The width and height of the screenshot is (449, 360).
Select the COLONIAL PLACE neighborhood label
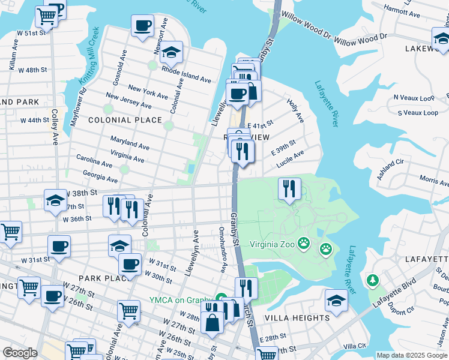point(125,120)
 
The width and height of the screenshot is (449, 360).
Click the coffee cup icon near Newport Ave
point(143,26)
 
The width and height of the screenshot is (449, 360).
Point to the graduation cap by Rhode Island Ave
point(171,52)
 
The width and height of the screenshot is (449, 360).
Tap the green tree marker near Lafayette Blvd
point(372,280)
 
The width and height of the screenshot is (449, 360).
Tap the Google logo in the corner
point(20,353)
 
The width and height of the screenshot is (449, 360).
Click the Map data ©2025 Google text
point(412,355)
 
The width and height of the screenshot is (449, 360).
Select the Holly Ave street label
point(296,110)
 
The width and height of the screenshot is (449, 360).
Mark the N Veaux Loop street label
point(414,98)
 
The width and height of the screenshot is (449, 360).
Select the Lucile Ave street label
point(291,159)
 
